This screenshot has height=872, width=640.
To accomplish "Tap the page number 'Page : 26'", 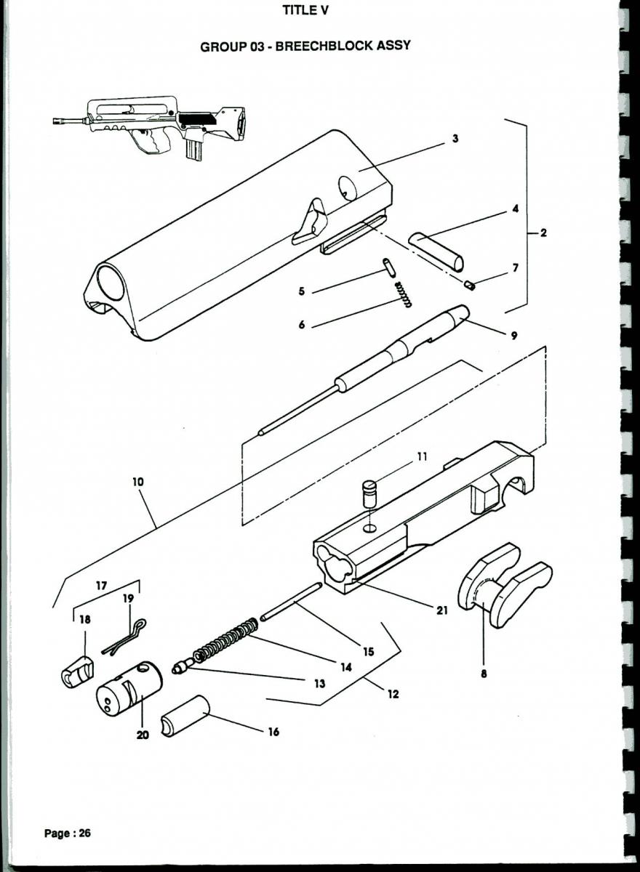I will click(x=68, y=833).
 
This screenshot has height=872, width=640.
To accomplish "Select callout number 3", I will click(x=455, y=139).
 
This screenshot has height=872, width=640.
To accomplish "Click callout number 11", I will click(x=423, y=457).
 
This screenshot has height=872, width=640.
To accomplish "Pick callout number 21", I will click(x=441, y=610).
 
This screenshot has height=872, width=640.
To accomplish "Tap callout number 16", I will click(x=273, y=732).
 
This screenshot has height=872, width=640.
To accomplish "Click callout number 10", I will click(x=138, y=482).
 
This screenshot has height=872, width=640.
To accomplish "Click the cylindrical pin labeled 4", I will click(x=436, y=250).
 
